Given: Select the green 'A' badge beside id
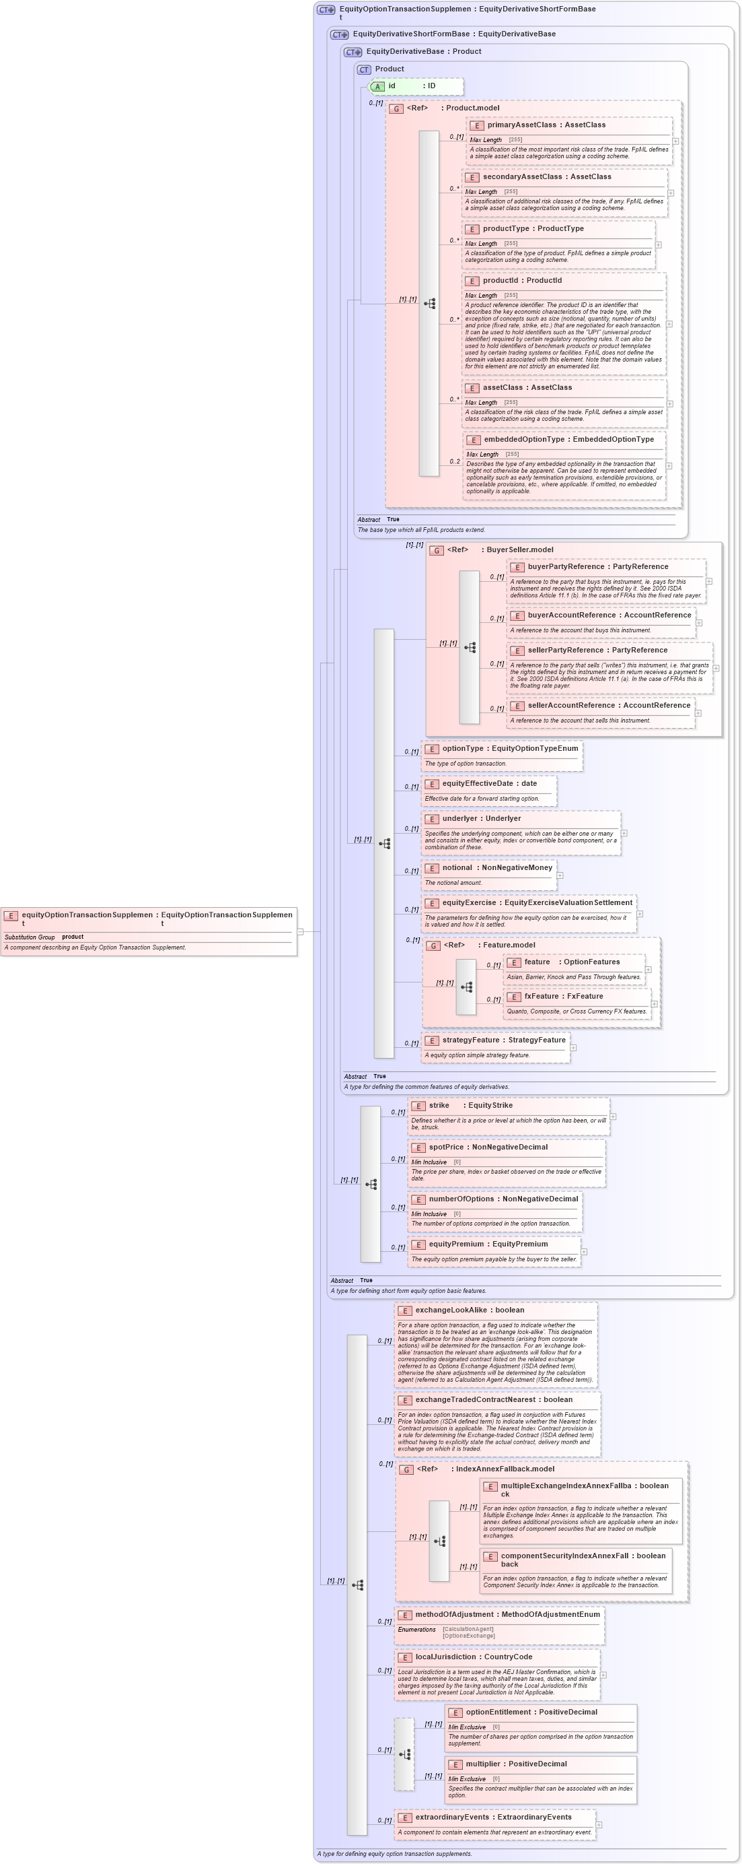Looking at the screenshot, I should pos(377,86).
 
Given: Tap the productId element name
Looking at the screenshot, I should pos(501,281).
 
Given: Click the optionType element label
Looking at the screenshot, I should pos(463,749).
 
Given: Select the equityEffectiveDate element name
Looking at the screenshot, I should pos(478,784).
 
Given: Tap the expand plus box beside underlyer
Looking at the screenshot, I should pos(624,834).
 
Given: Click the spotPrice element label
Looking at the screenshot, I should pos(446,1147).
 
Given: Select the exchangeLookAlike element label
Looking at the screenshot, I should pos(451,1310).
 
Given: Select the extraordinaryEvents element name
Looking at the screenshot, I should pos(454,1817).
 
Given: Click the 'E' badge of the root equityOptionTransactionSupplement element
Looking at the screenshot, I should pos(11,915).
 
